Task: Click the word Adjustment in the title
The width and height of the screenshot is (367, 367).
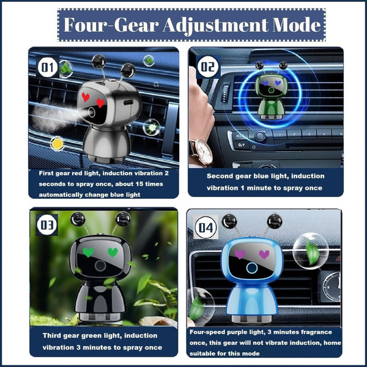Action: click(x=215, y=26)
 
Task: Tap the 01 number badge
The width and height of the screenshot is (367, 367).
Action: click(x=48, y=67)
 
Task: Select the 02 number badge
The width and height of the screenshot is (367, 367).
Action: click(x=207, y=67)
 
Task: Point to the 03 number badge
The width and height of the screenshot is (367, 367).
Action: click(x=47, y=224)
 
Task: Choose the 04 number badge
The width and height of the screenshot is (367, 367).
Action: click(x=206, y=228)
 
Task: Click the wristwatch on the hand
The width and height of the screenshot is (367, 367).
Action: click(x=202, y=152)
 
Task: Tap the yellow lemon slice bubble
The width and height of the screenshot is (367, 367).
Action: click(x=57, y=144)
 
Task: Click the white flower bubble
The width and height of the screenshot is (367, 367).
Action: click(x=152, y=128)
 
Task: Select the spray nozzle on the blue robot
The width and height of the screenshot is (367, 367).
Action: click(x=252, y=268)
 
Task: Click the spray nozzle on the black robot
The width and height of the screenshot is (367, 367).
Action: click(x=100, y=265)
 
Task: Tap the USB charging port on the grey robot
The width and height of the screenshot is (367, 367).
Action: click(x=128, y=102)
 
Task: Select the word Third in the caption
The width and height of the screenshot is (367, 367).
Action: click(x=51, y=336)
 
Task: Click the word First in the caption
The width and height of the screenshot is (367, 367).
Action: click(x=46, y=173)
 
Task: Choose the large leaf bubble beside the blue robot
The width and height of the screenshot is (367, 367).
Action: click(x=311, y=251)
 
